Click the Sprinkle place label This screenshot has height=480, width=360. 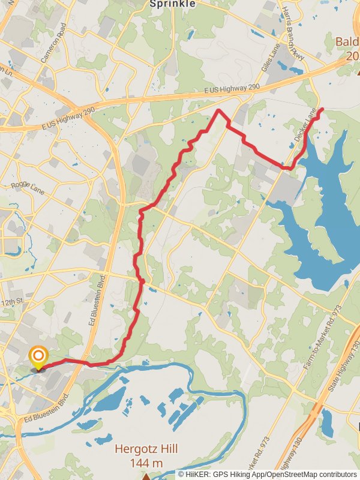tap(172, 4)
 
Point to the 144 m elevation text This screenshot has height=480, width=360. tap(146, 463)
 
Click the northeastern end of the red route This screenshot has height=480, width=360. tap(322, 109)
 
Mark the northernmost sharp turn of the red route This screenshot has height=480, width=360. tap(219, 111)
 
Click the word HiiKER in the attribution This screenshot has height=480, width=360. tap(197, 474)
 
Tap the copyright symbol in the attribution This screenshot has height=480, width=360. tap(181, 474)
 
